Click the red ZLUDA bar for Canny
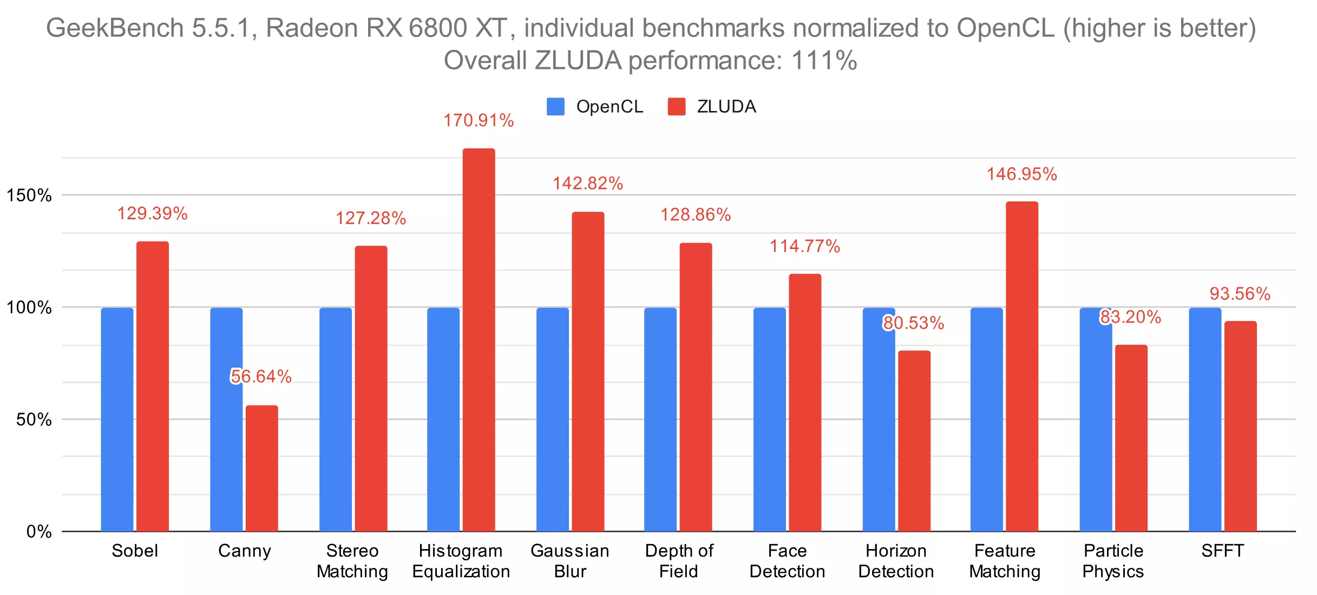[x=261, y=468]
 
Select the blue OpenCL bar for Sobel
[x=117, y=420]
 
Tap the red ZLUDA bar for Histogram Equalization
[x=479, y=340]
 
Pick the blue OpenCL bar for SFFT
[x=1205, y=420]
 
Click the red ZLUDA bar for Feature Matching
[x=1022, y=367]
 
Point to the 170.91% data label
[x=479, y=120]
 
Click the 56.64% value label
[x=261, y=376]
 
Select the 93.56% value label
[x=1240, y=294]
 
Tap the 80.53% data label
[x=914, y=323]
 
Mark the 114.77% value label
[x=805, y=246]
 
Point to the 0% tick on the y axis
[x=39, y=532]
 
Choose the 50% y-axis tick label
[x=34, y=420]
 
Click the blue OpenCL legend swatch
[x=555, y=107]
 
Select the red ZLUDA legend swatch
[x=676, y=107]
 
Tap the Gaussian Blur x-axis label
[x=570, y=561]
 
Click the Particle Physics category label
[x=1113, y=561]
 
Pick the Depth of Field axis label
[x=679, y=561]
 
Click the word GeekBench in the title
[x=115, y=28]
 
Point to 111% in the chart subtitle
[x=824, y=60]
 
